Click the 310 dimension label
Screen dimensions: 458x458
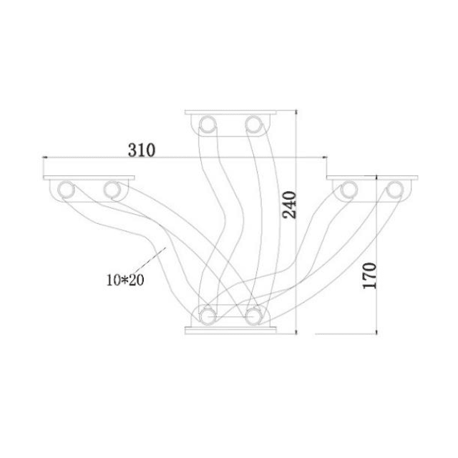[x=142, y=150]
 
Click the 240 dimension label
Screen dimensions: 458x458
[x=289, y=205]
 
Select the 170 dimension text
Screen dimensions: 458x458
[x=369, y=276]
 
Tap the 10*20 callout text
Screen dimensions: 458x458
[x=125, y=281]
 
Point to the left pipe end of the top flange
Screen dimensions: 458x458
[x=208, y=124]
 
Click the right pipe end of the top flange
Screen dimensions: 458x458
[x=253, y=124]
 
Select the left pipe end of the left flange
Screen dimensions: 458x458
[x=66, y=189]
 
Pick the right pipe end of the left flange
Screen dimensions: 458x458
[x=112, y=189]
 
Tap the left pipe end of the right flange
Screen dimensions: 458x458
[x=349, y=189]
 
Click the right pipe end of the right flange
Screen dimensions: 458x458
[x=395, y=189]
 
